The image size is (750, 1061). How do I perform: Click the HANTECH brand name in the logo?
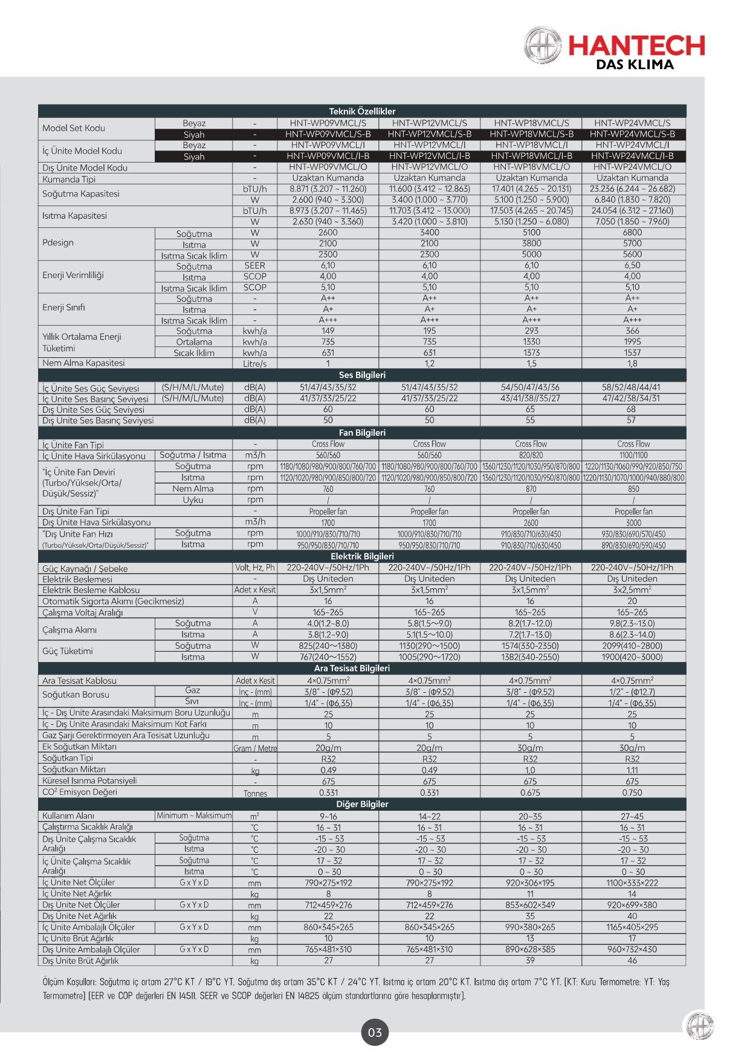click(x=636, y=45)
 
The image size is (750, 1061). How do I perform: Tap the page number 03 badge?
click(x=375, y=1032)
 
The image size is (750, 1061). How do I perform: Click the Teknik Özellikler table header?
click(x=362, y=111)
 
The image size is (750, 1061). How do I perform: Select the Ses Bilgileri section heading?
click(x=362, y=375)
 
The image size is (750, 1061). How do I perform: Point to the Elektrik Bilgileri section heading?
click(x=362, y=556)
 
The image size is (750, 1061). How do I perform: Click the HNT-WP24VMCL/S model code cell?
click(x=632, y=123)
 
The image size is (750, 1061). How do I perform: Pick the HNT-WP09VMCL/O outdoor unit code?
click(x=328, y=167)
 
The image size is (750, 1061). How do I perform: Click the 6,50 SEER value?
click(x=632, y=265)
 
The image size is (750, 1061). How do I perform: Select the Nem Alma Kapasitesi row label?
click(x=83, y=363)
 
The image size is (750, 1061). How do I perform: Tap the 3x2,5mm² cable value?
click(x=632, y=589)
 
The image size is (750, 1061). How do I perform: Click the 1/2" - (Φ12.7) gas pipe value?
click(x=632, y=692)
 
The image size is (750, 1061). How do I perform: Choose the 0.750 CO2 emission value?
click(x=632, y=793)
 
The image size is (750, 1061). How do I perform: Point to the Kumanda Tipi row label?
click(x=69, y=179)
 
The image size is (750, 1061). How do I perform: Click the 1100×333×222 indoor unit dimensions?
click(x=632, y=883)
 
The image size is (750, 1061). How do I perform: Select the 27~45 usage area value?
click(x=632, y=816)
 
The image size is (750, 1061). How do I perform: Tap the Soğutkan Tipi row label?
click(x=68, y=758)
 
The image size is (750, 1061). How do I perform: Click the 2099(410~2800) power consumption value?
click(x=632, y=646)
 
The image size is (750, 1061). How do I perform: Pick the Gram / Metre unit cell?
click(x=255, y=748)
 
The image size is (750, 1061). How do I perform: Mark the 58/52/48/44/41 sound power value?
click(x=632, y=387)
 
